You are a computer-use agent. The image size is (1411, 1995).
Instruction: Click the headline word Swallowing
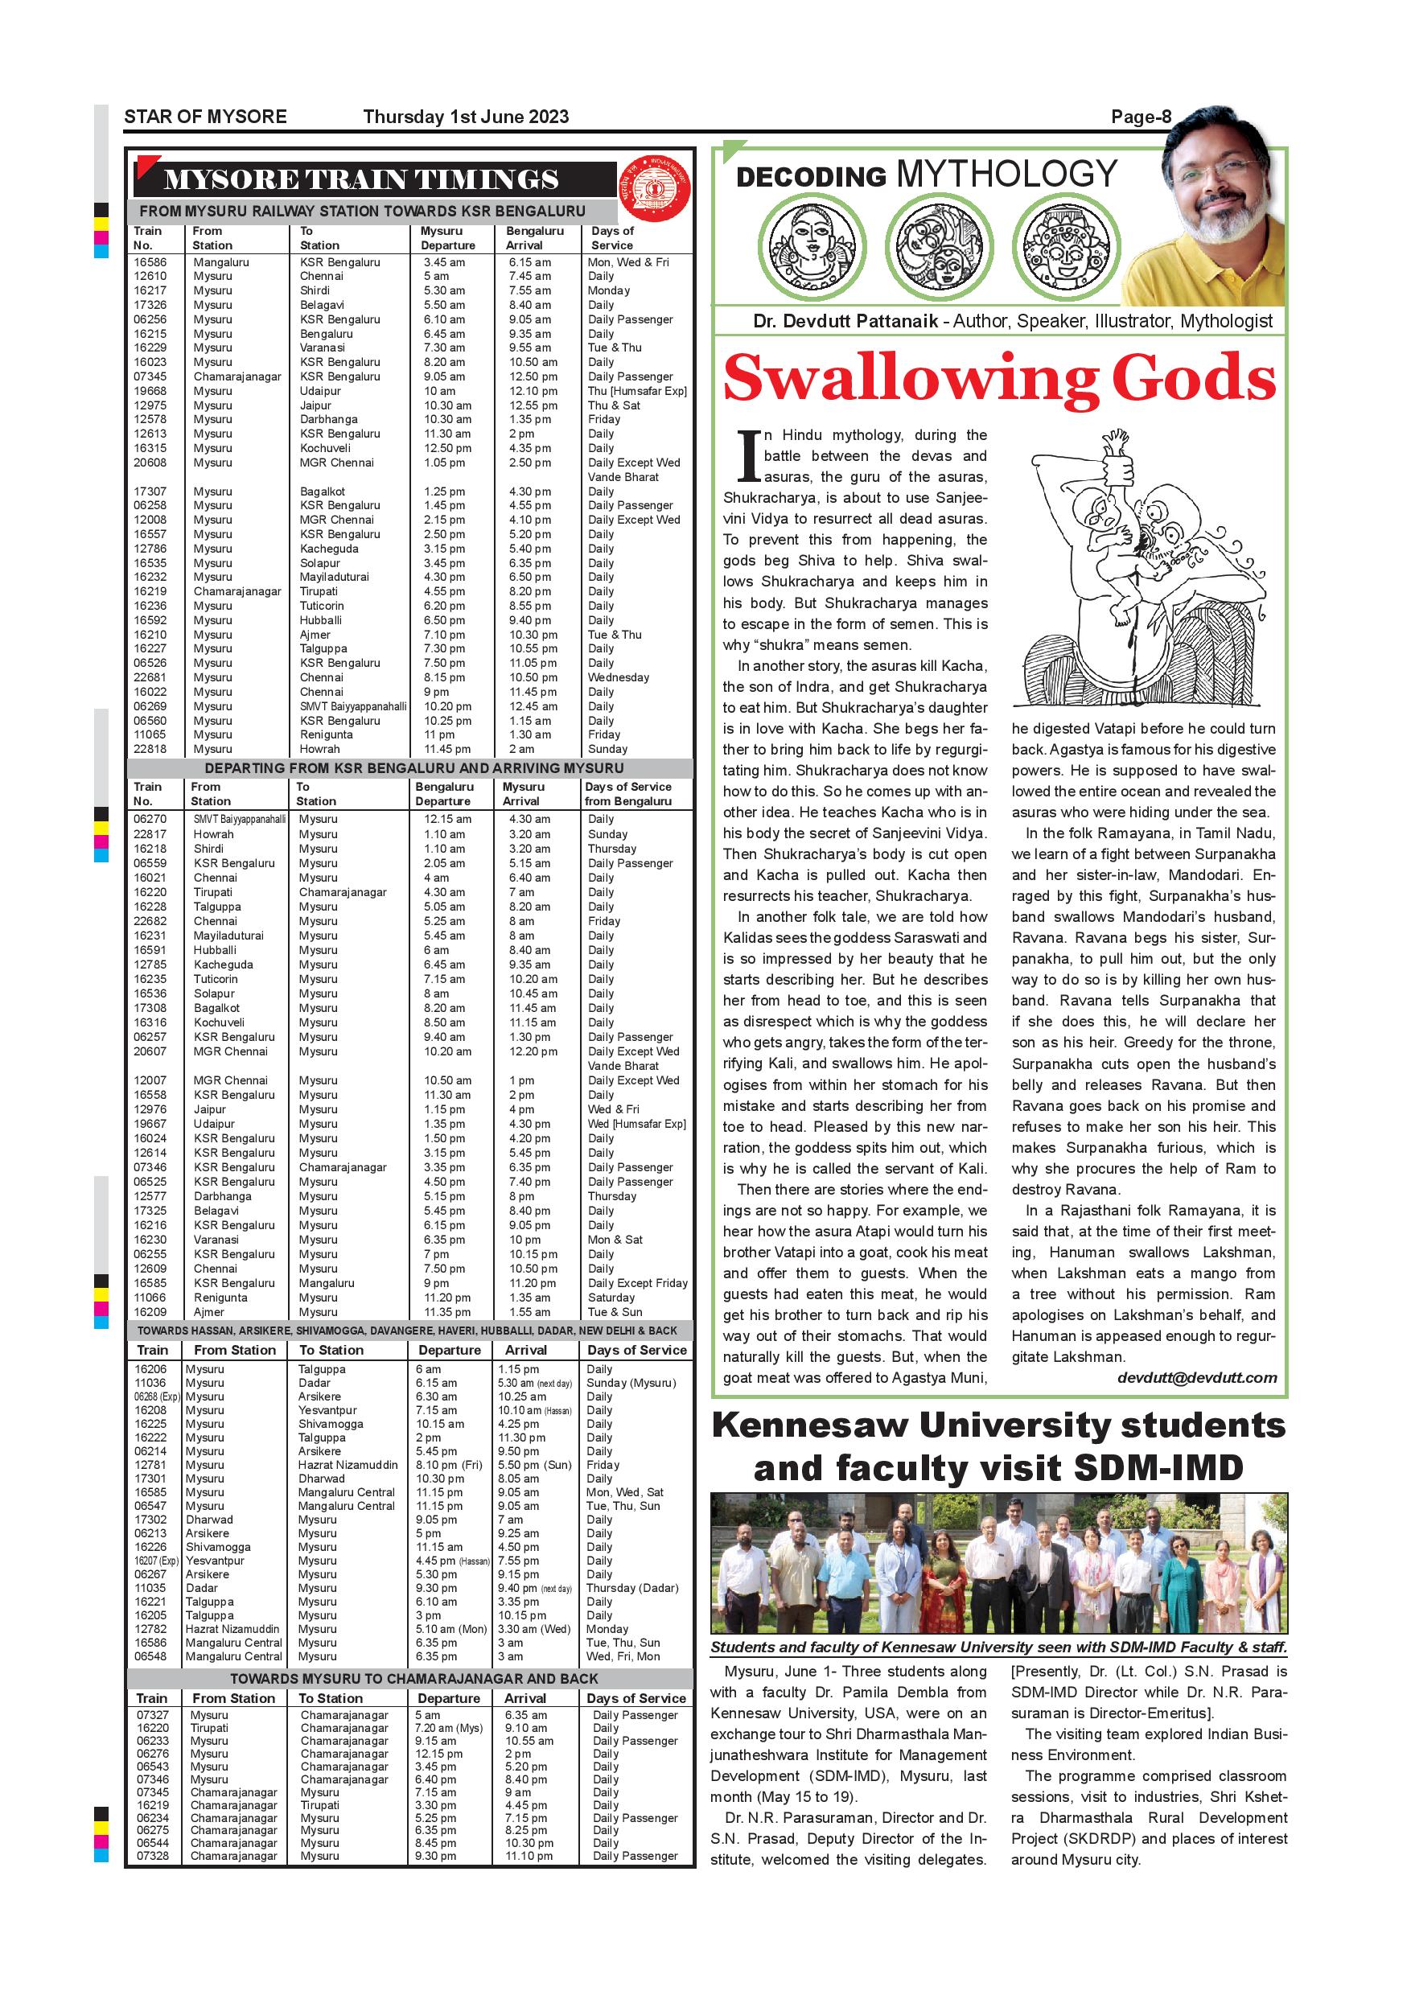(909, 379)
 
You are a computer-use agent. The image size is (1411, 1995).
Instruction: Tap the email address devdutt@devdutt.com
(1196, 1377)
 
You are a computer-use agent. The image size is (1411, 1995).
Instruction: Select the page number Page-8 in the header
(1141, 117)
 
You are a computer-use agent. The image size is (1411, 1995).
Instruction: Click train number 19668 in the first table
(150, 391)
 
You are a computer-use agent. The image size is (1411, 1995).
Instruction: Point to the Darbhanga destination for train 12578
(328, 420)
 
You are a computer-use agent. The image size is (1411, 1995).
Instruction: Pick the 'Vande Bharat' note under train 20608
(623, 477)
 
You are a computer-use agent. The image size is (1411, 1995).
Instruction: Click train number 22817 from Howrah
(150, 834)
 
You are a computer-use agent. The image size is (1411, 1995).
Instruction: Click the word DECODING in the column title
(811, 177)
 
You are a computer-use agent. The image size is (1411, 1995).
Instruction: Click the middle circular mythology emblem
(942, 247)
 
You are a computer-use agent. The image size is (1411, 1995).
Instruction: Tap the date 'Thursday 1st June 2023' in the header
(466, 117)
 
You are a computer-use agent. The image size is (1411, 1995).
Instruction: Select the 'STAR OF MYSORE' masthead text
(205, 117)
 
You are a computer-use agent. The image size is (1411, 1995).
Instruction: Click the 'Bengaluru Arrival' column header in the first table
(534, 238)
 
